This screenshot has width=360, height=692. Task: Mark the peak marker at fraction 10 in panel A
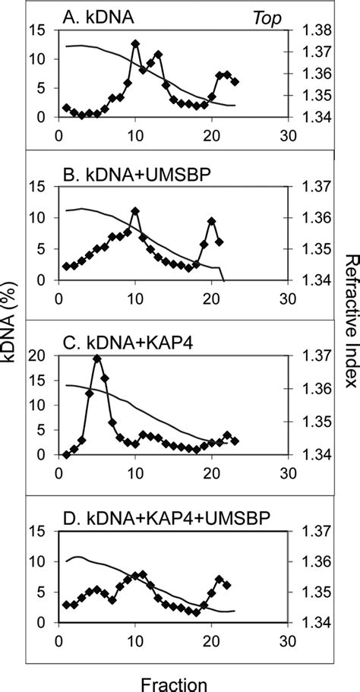pos(135,43)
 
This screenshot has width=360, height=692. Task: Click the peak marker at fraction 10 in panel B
pos(135,211)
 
